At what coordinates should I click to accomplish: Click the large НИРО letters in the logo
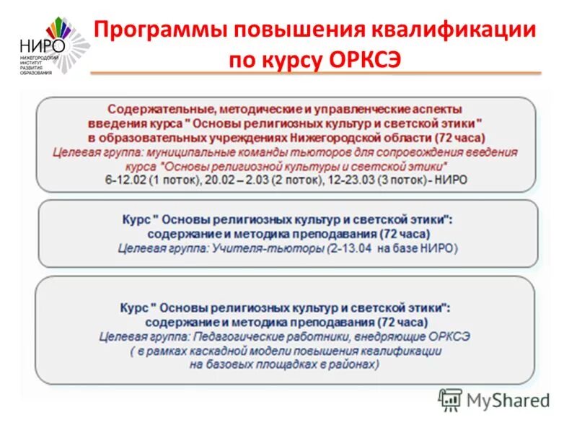point(43,45)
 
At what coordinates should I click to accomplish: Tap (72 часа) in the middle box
point(400,234)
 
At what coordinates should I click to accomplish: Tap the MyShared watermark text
point(508,399)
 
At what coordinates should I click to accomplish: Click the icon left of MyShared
point(451,399)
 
